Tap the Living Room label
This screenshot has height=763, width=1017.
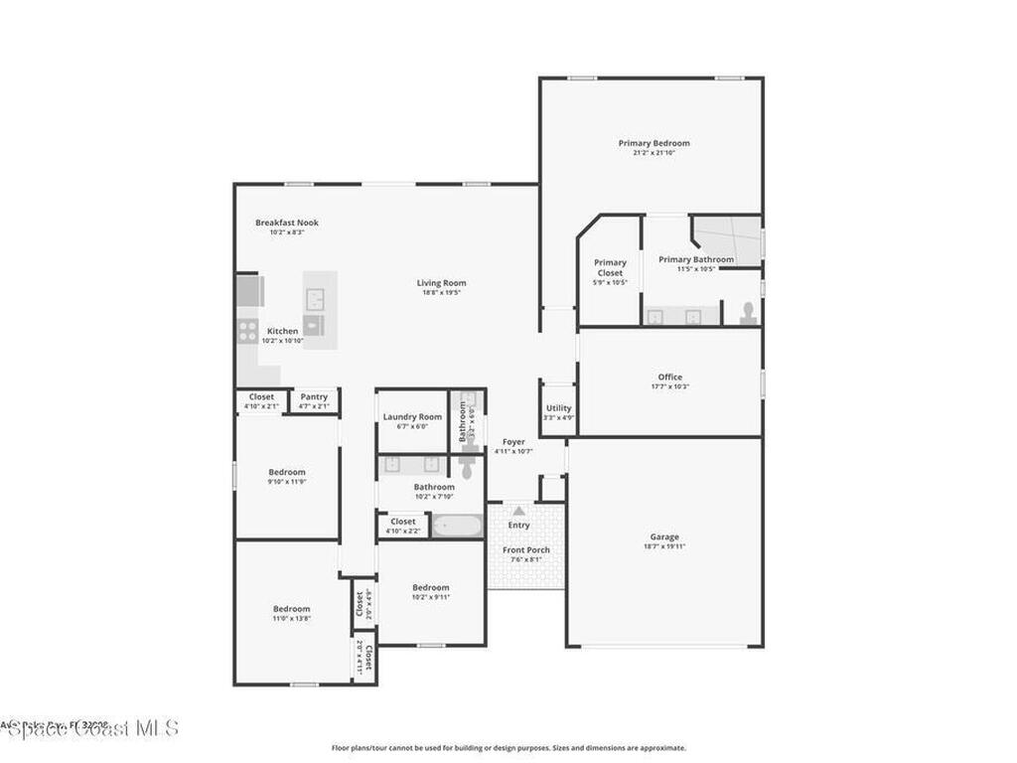tap(441, 283)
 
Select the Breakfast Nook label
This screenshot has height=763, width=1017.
tap(286, 223)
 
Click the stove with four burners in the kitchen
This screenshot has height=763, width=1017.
tap(247, 332)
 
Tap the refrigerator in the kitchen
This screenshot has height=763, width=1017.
tap(249, 291)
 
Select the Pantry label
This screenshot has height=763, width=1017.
tap(314, 396)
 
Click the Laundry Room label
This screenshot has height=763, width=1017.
tap(412, 416)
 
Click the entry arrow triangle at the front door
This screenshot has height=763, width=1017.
tap(518, 510)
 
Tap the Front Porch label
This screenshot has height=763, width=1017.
tap(525, 549)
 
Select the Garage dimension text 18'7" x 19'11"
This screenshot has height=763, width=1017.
tap(664, 546)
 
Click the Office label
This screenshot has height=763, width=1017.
tap(669, 377)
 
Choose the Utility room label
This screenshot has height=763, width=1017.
tap(558, 407)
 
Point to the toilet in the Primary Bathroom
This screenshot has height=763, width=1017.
tap(748, 313)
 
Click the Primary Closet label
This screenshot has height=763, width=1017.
tap(610, 268)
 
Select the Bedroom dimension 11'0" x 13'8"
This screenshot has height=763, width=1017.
tap(292, 618)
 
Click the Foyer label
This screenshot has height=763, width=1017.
tap(513, 441)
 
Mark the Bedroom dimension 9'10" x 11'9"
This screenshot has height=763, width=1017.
tap(286, 482)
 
